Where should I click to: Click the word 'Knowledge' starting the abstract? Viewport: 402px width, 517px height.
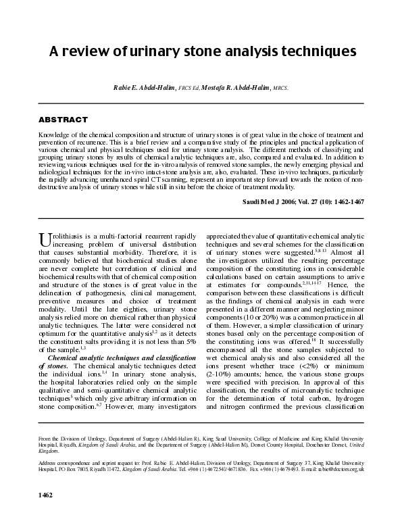click(x=55, y=135)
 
